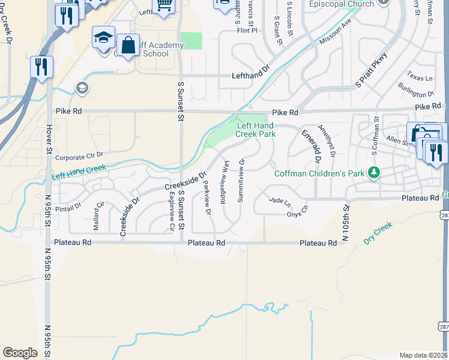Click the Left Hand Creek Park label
[256, 130]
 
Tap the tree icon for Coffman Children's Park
[375, 173]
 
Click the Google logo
[20, 353]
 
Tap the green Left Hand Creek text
[79, 172]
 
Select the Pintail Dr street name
[69, 207]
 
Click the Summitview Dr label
[241, 180]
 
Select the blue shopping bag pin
[128, 44]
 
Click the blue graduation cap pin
[103, 38]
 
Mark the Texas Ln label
[420, 78]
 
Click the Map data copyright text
[424, 355]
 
